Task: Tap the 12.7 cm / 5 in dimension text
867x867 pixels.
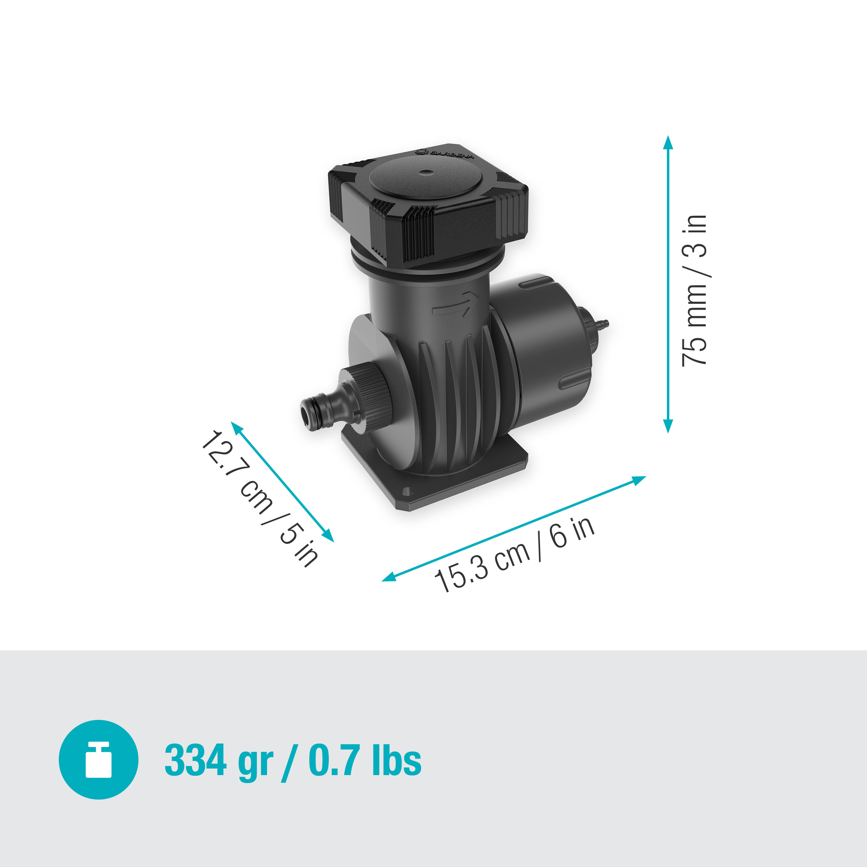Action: pyautogui.click(x=259, y=498)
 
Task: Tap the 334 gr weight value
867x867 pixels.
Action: pyautogui.click(x=218, y=760)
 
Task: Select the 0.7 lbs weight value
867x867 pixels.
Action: pyautogui.click(x=365, y=760)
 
